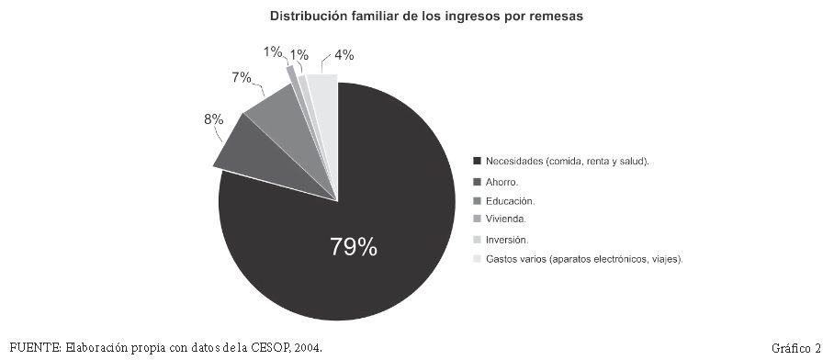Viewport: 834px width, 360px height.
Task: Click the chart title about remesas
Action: pyautogui.click(x=426, y=17)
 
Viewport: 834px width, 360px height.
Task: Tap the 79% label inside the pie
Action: pyautogui.click(x=354, y=247)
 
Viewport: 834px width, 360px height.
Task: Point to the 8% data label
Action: pyautogui.click(x=213, y=119)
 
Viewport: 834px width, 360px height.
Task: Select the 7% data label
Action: pyautogui.click(x=241, y=78)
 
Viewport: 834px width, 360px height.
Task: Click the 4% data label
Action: pyautogui.click(x=344, y=55)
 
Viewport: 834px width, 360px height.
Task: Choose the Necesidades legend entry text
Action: pyautogui.click(x=568, y=161)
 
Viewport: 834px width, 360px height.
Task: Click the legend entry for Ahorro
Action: pyautogui.click(x=502, y=182)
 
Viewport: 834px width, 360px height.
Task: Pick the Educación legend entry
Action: pyautogui.click(x=510, y=201)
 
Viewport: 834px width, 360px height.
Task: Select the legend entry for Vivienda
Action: pyautogui.click(x=506, y=219)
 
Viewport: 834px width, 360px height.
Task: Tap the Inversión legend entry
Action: pyautogui.click(x=507, y=240)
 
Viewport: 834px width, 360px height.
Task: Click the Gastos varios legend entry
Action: pyautogui.click(x=584, y=260)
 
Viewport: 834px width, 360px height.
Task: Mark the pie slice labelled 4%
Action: pyautogui.click(x=325, y=107)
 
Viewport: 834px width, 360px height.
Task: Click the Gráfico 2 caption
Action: pyautogui.click(x=796, y=348)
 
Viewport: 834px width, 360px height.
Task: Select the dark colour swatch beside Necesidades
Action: pyautogui.click(x=477, y=161)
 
